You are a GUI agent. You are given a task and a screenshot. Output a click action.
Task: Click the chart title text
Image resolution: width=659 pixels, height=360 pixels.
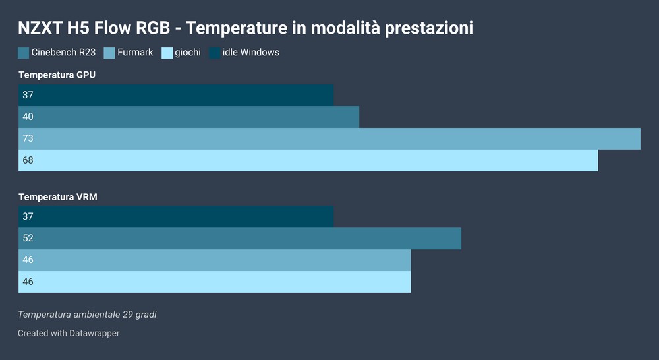[x=245, y=28]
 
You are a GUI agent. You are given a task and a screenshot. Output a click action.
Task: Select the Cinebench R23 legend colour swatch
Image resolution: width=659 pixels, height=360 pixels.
[x=24, y=53]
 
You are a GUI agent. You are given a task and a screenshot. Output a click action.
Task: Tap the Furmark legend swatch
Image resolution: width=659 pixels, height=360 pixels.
[x=109, y=53]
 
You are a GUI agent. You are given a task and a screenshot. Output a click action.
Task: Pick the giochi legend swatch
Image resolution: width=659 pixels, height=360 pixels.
[x=167, y=53]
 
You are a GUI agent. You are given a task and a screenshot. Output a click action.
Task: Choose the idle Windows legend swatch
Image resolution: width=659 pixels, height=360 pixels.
[x=214, y=53]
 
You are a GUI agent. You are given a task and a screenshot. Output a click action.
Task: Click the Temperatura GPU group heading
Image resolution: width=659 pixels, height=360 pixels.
[x=57, y=75]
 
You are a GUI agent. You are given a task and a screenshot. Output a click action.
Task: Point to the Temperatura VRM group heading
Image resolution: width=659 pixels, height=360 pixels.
[x=58, y=197]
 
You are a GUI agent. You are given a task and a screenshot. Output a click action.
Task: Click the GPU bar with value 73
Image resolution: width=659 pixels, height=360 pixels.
[x=329, y=138]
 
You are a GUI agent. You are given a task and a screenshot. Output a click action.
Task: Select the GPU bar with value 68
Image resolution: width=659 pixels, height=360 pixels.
[x=308, y=160]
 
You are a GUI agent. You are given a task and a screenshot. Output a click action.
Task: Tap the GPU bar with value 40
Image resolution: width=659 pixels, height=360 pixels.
[x=188, y=117]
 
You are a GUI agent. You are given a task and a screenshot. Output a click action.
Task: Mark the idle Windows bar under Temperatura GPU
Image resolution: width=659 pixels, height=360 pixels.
[x=176, y=95]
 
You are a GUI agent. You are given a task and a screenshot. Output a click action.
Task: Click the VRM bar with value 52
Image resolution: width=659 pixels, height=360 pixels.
[x=240, y=239]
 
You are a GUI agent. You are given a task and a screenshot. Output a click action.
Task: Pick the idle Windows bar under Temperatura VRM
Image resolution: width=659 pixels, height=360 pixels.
[x=176, y=216]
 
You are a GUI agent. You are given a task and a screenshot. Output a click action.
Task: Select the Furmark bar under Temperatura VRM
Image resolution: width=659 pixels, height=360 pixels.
[x=214, y=260]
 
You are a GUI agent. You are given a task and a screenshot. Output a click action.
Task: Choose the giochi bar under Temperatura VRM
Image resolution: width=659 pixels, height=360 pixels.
[x=214, y=282]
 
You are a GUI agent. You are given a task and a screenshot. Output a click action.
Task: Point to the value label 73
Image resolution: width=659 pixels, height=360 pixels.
[x=28, y=138]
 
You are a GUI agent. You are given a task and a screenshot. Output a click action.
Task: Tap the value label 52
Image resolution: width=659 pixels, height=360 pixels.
[x=28, y=238]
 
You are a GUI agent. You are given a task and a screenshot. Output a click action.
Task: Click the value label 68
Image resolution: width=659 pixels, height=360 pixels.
[x=28, y=160]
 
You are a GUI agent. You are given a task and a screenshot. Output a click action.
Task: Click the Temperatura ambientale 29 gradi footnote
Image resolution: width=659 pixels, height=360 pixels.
[x=88, y=315]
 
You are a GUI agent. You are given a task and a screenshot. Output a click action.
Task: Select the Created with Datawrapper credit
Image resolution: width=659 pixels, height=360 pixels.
[x=69, y=333]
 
